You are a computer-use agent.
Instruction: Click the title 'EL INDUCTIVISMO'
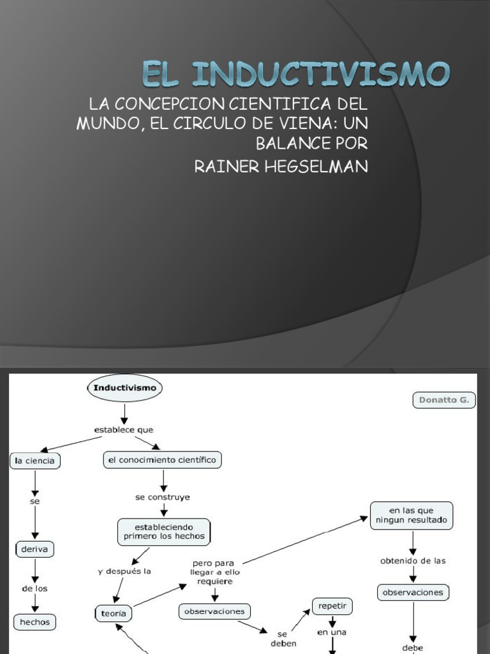[295, 74]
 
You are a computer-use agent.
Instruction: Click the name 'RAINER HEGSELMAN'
[281, 167]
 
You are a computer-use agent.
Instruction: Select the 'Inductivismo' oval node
[124, 388]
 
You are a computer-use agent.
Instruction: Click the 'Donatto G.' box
[444, 400]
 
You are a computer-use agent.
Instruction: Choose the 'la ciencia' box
[35, 460]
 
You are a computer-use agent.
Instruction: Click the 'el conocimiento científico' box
[163, 459]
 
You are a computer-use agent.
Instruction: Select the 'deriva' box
[35, 549]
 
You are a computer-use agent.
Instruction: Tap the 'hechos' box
[35, 621]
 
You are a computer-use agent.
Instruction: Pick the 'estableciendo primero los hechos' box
[164, 532]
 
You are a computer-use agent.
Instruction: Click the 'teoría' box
[114, 614]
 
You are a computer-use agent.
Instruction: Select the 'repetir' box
[332, 605]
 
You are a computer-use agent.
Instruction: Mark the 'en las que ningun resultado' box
[412, 515]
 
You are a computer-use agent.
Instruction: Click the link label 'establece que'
[124, 430]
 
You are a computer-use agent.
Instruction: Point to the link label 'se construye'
[163, 496]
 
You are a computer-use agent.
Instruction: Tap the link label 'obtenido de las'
[413, 561]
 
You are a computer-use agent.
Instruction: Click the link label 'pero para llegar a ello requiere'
[214, 573]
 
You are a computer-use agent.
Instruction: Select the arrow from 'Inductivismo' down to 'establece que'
[124, 412]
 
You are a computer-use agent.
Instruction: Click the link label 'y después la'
[124, 572]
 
